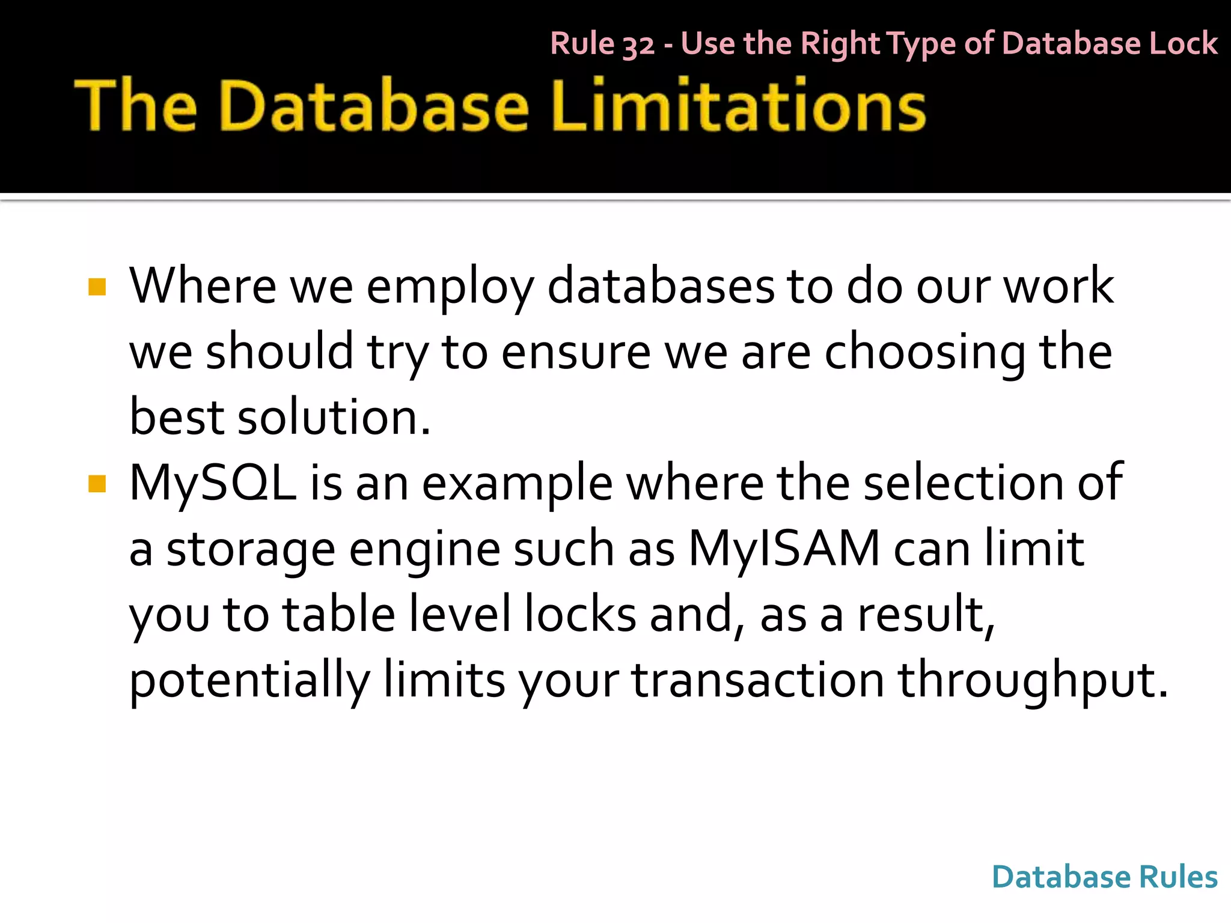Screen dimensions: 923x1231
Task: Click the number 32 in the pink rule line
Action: [x=638, y=45]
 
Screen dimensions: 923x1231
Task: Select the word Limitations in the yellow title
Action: [x=739, y=106]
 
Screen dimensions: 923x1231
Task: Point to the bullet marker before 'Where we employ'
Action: [x=97, y=287]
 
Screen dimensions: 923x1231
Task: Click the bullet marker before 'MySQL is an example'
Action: [x=97, y=484]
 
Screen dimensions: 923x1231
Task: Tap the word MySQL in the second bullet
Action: [x=213, y=484]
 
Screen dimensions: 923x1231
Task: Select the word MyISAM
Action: [x=784, y=549]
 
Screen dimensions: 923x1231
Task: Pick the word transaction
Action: [x=757, y=681]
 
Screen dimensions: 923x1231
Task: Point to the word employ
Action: [x=450, y=287]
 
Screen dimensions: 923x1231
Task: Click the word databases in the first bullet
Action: [x=661, y=287]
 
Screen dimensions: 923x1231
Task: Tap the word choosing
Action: [x=925, y=353]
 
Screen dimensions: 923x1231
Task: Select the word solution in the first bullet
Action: [x=334, y=418]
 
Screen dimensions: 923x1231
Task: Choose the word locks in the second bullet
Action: [x=580, y=614]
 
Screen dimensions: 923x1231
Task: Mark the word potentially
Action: [x=249, y=681]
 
